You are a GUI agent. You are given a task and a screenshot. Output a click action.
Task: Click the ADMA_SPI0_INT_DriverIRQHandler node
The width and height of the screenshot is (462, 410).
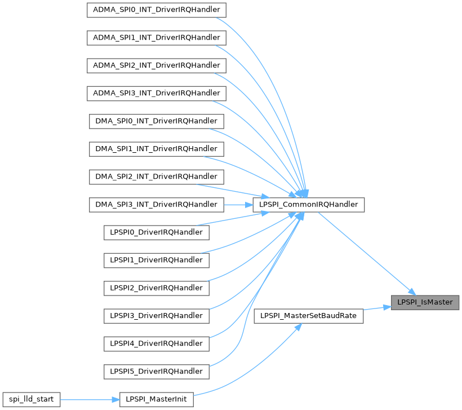[157, 10]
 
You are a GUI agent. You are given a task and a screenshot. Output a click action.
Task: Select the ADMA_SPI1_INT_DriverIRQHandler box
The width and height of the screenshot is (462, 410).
[157, 38]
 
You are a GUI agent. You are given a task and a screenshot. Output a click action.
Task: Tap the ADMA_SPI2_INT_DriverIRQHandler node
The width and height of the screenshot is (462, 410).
[157, 65]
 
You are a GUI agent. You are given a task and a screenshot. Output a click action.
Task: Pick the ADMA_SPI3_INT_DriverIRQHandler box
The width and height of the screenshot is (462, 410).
[157, 93]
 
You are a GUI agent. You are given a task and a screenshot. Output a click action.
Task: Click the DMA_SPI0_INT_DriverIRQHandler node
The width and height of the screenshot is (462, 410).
[157, 121]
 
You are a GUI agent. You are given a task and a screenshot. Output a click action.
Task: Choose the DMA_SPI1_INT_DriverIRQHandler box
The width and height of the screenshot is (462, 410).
[157, 149]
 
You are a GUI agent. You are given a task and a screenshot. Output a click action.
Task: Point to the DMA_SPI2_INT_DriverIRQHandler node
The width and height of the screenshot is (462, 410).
[157, 177]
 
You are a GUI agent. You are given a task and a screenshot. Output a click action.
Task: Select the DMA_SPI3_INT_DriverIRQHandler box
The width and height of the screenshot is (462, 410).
[157, 204]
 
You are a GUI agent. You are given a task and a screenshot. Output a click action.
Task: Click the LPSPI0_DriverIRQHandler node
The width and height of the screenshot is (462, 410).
[157, 232]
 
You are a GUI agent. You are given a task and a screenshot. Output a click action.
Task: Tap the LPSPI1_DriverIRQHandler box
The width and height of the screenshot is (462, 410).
[157, 260]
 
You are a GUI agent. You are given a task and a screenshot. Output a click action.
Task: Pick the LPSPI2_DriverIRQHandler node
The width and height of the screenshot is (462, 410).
[157, 288]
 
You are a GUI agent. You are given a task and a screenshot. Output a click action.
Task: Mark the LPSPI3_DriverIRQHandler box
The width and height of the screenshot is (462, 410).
[157, 315]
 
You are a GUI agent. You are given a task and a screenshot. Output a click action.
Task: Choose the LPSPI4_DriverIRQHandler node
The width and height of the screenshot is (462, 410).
[157, 343]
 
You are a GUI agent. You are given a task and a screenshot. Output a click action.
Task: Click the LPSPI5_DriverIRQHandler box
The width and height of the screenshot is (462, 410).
[157, 371]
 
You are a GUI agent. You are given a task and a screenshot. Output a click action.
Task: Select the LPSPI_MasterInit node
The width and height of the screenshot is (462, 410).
[157, 399]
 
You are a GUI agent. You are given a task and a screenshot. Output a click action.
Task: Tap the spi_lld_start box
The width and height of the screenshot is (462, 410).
[31, 399]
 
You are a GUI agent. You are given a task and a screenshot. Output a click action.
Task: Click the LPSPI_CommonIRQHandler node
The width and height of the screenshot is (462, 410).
[309, 204]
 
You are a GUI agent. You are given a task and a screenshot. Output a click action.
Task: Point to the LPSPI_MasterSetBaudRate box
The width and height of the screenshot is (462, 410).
[309, 315]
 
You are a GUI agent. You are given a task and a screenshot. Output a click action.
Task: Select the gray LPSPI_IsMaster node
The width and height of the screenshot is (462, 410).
[425, 302]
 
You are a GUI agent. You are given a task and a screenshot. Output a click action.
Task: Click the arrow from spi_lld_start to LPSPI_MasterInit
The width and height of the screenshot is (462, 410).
[90, 399]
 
